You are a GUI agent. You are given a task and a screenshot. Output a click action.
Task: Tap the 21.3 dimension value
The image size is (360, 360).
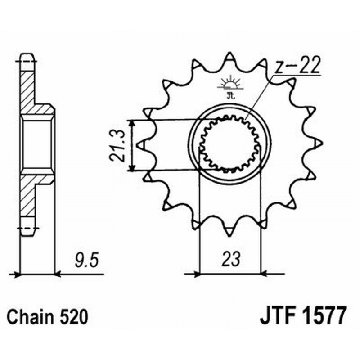[x=116, y=145]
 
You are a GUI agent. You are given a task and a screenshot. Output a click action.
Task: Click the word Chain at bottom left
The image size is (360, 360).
[x=31, y=317]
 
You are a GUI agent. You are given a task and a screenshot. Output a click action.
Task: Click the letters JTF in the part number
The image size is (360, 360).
[x=275, y=315]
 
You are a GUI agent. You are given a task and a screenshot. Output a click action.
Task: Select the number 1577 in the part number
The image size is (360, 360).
[x=323, y=315]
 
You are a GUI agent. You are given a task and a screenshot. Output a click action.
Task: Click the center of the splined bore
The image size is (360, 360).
[x=230, y=144]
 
